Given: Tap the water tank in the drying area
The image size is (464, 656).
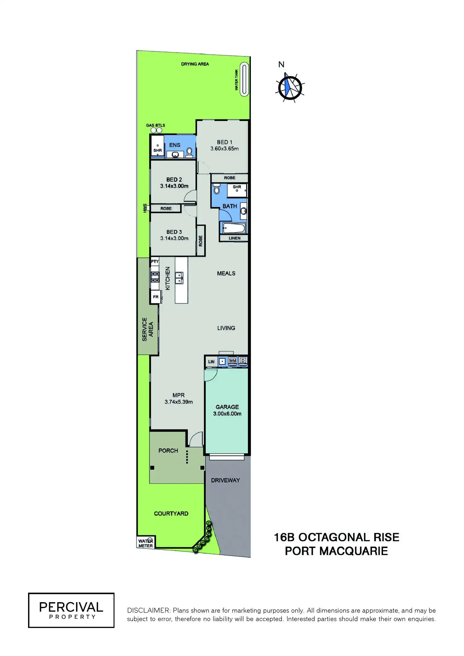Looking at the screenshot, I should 244,79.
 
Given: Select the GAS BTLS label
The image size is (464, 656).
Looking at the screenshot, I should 155,125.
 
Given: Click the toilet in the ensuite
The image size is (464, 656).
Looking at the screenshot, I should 189,152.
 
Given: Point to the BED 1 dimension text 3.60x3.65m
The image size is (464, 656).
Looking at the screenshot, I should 224,149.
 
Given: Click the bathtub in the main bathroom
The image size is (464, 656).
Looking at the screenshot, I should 234,228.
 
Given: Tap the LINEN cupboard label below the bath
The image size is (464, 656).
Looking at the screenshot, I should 235,238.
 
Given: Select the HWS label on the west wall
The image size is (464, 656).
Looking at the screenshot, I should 145,208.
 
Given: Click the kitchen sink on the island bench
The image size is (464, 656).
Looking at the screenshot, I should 179,278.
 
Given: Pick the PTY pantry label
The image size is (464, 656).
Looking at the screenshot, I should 155,262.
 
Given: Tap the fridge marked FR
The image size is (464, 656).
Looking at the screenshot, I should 156,297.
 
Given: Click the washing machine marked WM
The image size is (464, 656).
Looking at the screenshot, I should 233,361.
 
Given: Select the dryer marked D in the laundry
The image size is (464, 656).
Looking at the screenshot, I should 243,361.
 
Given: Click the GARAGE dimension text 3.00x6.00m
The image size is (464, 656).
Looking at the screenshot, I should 227,414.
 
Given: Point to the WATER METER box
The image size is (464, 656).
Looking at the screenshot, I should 146,543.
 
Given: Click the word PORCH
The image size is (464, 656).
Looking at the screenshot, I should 168,451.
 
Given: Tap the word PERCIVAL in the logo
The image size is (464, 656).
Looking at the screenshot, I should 71,607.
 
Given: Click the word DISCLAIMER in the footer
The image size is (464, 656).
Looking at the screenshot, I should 148,610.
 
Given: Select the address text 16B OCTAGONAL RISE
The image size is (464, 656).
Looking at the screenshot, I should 336,537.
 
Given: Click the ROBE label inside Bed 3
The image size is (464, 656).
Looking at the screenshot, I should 201,241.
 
